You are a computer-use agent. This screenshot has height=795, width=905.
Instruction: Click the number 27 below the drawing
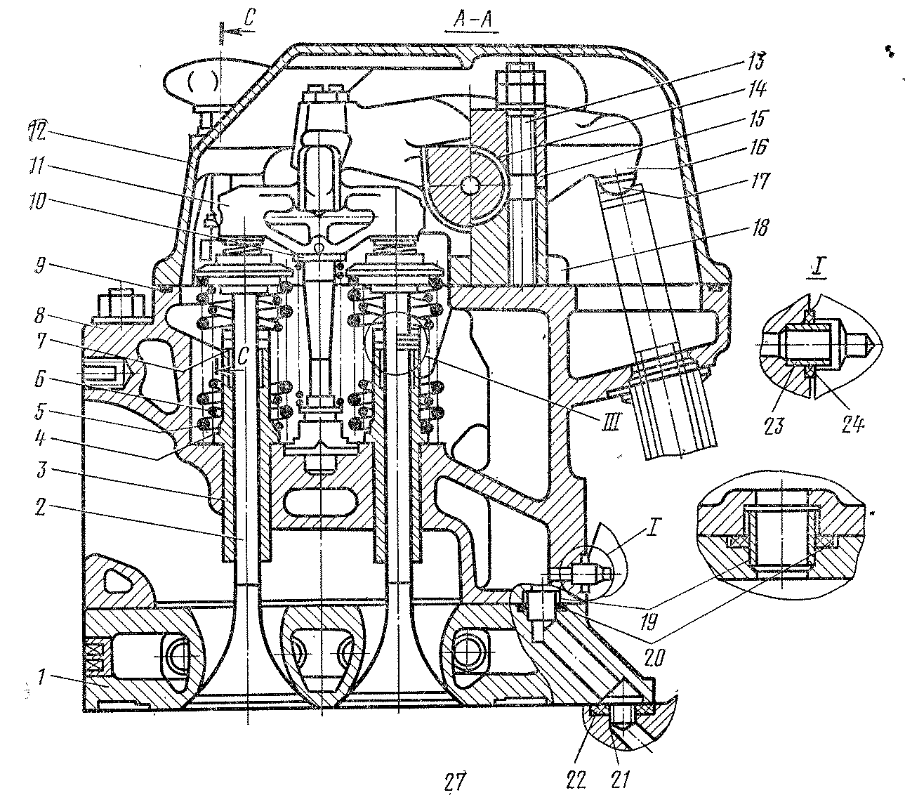(x=454, y=780)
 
